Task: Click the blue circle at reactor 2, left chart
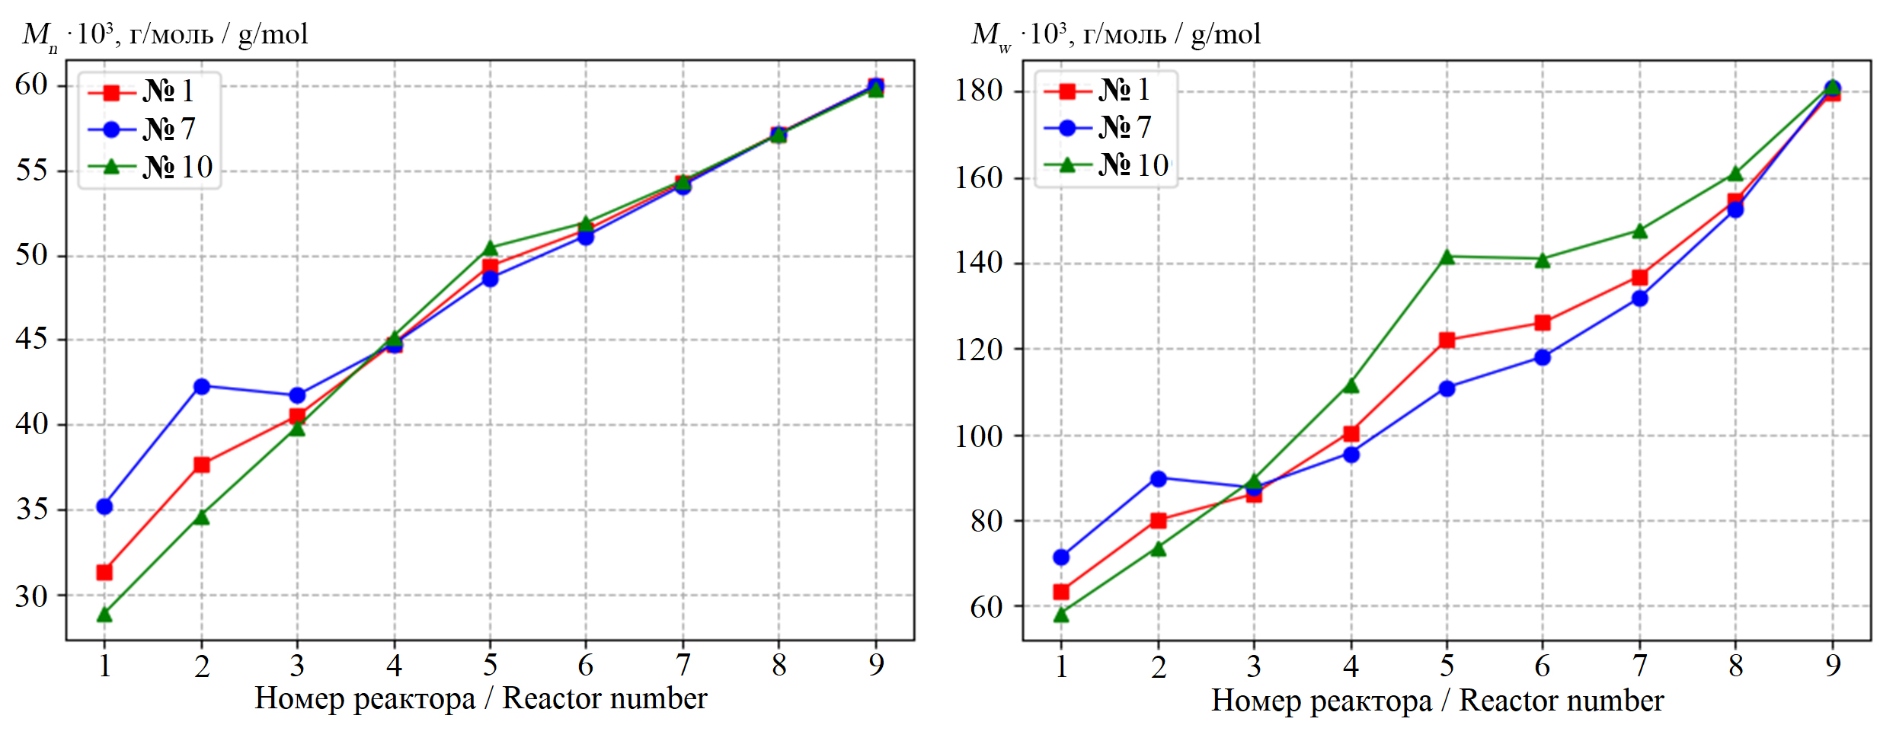(201, 387)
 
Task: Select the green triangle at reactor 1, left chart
(104, 614)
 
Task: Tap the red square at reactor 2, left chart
(201, 465)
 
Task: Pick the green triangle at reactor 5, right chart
(1447, 257)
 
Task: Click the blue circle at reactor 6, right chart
(1543, 357)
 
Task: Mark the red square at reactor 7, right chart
(1639, 277)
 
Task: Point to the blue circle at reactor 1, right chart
(1061, 557)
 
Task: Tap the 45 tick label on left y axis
(32, 339)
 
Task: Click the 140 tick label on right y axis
(979, 263)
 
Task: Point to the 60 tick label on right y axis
(986, 607)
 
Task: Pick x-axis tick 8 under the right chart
(1735, 666)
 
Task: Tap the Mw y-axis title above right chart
(1116, 34)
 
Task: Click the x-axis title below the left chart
(481, 699)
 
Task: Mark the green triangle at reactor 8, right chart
(1735, 174)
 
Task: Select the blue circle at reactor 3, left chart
(297, 395)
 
